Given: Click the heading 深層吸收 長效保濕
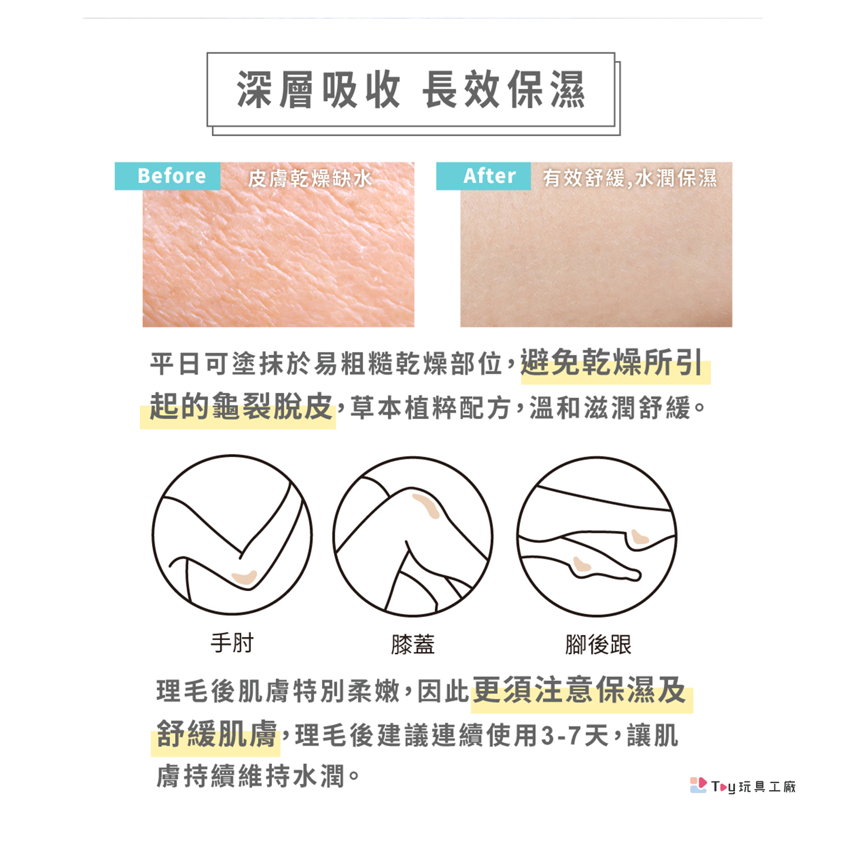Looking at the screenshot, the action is coord(411,90).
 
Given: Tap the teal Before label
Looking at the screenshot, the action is coord(167,176).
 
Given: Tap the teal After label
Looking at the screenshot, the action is coord(483,176).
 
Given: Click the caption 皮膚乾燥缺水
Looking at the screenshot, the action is coord(310,178).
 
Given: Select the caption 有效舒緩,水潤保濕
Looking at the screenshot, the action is coord(630,178).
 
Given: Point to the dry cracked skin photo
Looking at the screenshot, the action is coord(278,244).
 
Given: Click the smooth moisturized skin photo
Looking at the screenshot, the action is coord(596,244).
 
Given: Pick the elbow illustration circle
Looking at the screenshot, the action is coord(232,535).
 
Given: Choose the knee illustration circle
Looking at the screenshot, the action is coord(412,536).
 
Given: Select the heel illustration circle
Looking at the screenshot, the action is coord(597,536).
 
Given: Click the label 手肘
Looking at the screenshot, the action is coord(232,644).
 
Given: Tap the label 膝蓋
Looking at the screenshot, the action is coord(412,644).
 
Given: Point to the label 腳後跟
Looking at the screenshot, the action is coord(598,644).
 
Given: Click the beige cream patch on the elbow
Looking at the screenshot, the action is coord(244,578).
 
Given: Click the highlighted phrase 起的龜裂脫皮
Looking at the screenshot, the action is coord(241,407).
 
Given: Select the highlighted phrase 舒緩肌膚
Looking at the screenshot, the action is coord(216,734).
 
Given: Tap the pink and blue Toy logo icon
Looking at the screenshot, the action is coord(698,784).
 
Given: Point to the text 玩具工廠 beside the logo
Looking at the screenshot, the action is coord(767,786).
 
